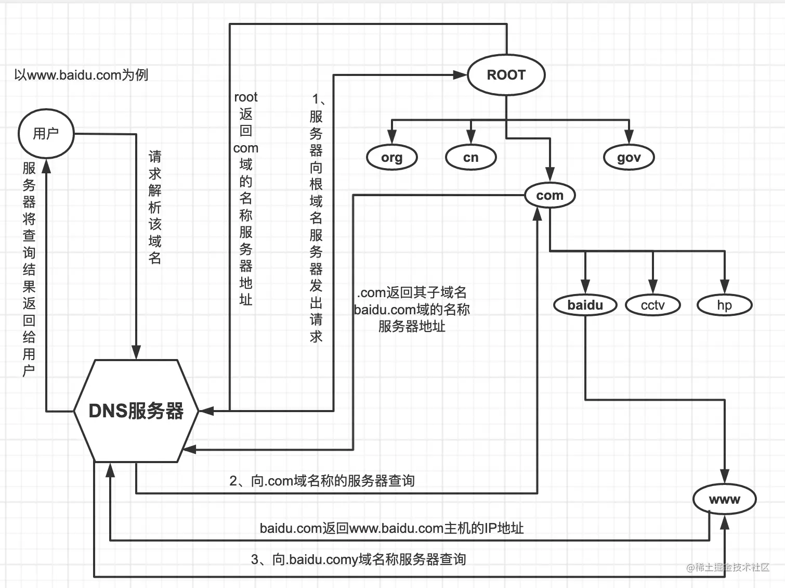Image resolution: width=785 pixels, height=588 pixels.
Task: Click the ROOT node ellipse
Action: tap(506, 75)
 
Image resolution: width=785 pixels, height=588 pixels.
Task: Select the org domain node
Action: tap(391, 157)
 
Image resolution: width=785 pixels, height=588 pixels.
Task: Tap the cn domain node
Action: tap(470, 157)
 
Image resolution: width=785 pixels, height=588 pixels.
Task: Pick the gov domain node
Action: tap(629, 157)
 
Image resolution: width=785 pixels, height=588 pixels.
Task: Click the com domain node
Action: tap(549, 195)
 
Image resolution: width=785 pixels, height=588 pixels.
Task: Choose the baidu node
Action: tap(585, 305)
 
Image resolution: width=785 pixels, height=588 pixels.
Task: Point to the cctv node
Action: tap(653, 305)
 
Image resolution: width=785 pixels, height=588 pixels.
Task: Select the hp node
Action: tap(724, 305)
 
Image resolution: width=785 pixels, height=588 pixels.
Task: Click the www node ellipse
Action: tap(724, 499)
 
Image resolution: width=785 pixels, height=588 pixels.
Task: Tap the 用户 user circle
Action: tap(46, 134)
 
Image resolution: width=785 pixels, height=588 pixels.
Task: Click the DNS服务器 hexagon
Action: tap(136, 411)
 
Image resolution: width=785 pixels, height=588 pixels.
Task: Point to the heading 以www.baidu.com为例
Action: tap(81, 75)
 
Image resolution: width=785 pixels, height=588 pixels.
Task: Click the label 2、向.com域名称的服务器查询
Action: tap(322, 480)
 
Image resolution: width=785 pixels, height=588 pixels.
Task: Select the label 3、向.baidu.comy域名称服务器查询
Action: tap(358, 559)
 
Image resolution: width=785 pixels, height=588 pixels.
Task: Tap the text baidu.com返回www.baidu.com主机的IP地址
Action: tap(391, 528)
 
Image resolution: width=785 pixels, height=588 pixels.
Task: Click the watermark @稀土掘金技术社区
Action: tap(727, 567)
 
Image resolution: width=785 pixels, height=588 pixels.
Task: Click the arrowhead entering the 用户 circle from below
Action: tap(46, 165)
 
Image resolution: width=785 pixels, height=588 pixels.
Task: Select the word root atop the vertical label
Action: tap(245, 97)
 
